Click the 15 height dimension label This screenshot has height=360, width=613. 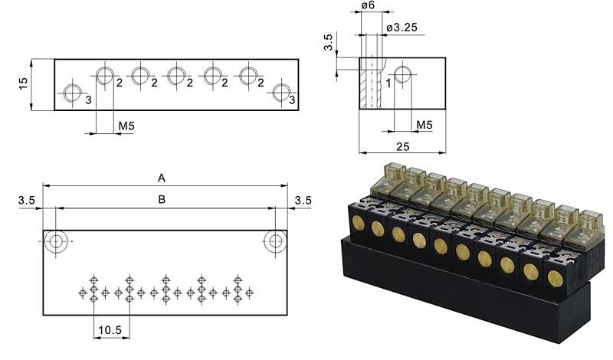pos(24,83)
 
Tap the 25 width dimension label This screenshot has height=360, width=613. pos(402,146)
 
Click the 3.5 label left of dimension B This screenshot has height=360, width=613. pos(27,201)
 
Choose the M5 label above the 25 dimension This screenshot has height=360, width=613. pos(424,125)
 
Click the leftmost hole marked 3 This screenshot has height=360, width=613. pos(73,93)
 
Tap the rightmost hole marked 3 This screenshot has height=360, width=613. pos(282,93)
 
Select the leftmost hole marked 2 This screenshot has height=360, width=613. pos(105,75)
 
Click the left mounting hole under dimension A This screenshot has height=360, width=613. pos(55,241)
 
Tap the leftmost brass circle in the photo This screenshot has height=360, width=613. pos(358,221)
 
